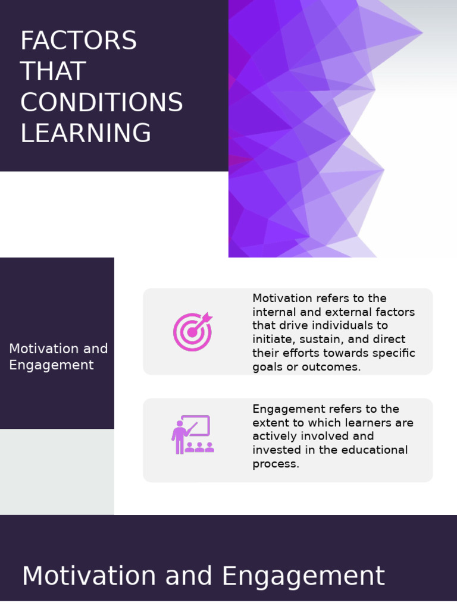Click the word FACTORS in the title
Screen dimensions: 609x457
click(x=79, y=41)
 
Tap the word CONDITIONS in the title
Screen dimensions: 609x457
click(x=101, y=103)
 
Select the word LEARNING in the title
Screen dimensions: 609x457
click(x=86, y=133)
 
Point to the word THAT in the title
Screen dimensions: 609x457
click(x=53, y=72)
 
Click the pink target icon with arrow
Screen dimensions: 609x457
click(x=192, y=331)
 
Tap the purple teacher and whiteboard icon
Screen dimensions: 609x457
click(x=192, y=435)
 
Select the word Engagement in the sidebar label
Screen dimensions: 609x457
click(x=51, y=365)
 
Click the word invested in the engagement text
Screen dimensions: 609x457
click(x=274, y=450)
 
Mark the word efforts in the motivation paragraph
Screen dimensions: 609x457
click(x=303, y=353)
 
